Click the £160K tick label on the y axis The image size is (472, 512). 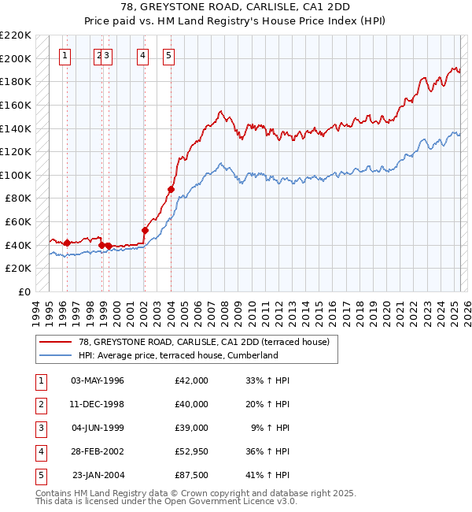pyautogui.click(x=16, y=105)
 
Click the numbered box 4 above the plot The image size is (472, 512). pyautogui.click(x=142, y=55)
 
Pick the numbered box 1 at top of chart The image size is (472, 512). pyautogui.click(x=65, y=55)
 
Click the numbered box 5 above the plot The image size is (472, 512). pyautogui.click(x=169, y=55)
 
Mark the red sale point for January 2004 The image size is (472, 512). pyautogui.click(x=171, y=189)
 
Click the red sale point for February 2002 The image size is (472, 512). pyautogui.click(x=145, y=230)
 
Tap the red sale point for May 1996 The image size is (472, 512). pyautogui.click(x=67, y=243)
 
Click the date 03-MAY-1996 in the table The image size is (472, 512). pyautogui.click(x=98, y=380)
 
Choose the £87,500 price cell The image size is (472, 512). pyautogui.click(x=192, y=475)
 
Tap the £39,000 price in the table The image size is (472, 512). pyautogui.click(x=192, y=428)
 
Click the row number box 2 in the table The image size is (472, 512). pyautogui.click(x=39, y=404)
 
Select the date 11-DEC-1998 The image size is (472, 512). pyautogui.click(x=98, y=404)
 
